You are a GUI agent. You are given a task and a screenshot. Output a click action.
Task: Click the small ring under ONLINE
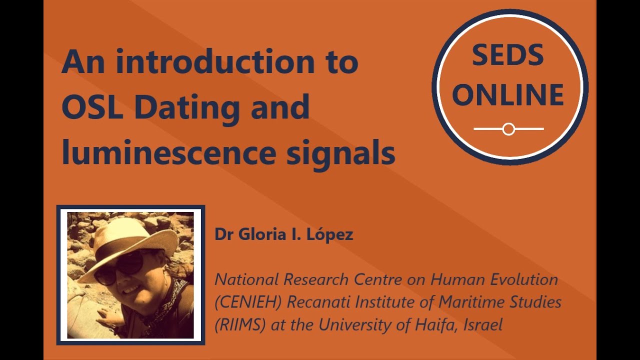508,129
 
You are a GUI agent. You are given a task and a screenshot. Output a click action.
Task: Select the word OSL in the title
93,107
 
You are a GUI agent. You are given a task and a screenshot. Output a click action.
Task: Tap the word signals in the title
340,153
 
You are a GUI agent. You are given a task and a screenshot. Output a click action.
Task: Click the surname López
332,234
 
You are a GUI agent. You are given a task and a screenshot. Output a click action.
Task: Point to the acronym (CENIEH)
246,302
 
